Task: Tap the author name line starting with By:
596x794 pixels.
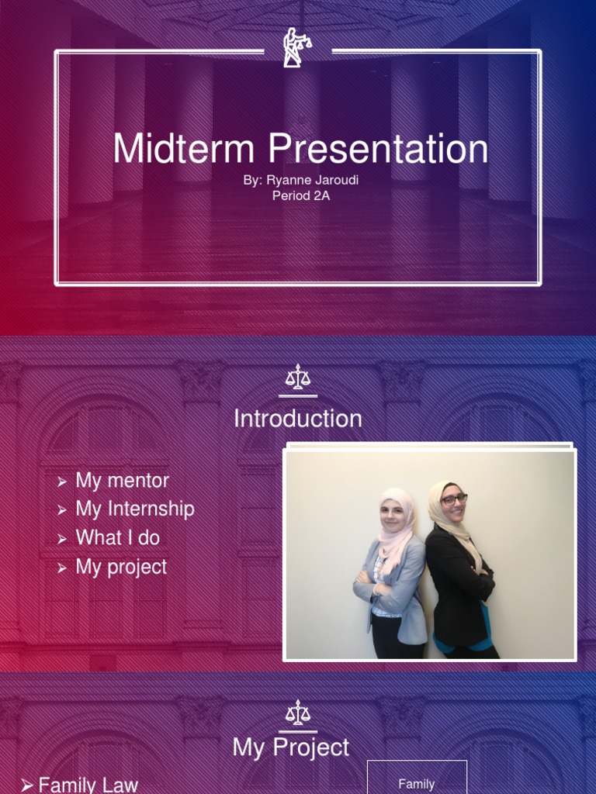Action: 301,180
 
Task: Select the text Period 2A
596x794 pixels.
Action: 301,196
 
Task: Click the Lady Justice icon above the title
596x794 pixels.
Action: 296,47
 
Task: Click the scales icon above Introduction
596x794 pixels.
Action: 297,378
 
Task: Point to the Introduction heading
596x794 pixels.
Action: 298,419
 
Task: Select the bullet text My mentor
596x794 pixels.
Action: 122,481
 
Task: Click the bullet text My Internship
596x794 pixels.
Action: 134,509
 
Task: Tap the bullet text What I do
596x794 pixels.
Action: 117,538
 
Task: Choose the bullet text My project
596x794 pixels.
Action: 121,567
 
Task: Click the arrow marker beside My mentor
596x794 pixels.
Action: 62,482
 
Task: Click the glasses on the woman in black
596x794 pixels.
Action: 453,499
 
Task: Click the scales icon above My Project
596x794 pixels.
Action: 297,713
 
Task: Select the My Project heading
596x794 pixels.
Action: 291,747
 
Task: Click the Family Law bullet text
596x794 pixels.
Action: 88,785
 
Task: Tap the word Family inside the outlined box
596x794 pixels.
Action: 417,784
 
